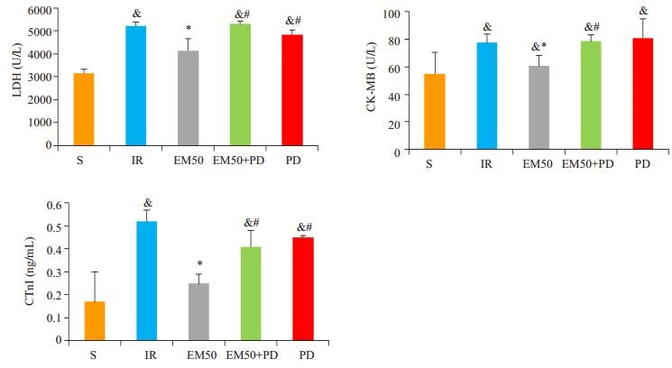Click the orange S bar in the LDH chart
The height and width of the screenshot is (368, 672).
(84, 109)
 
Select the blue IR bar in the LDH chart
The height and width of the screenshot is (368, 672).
(136, 86)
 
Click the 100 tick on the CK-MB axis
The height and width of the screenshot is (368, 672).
(388, 14)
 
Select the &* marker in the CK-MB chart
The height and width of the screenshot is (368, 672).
(538, 46)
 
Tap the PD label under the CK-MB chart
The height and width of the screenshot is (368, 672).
(642, 163)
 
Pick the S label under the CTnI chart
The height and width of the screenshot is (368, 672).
(94, 354)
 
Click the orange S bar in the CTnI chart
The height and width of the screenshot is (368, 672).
(94, 320)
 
